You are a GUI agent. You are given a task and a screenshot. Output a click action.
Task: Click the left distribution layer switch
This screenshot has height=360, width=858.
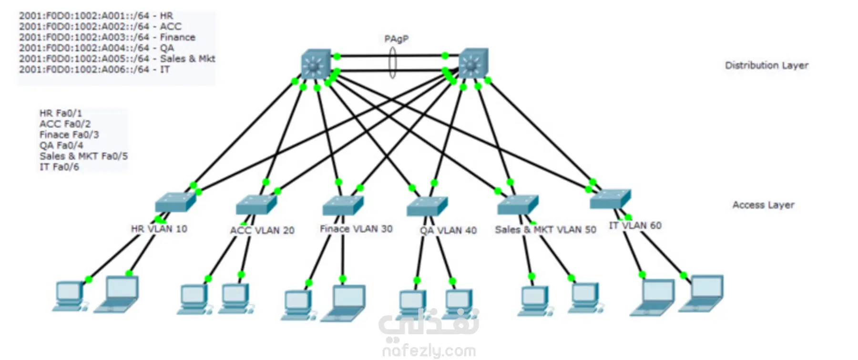316,63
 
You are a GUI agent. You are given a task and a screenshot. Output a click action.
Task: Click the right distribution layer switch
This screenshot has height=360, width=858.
473,62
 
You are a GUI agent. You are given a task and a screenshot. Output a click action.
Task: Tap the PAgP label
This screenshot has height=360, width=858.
396,39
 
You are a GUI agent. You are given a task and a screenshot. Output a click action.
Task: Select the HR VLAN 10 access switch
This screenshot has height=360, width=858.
175,202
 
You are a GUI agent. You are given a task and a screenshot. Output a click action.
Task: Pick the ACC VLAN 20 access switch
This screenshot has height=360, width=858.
256,205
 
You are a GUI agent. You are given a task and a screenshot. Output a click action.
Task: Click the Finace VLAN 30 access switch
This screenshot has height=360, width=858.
343,205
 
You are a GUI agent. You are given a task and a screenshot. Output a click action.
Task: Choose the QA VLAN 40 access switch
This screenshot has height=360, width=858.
427,206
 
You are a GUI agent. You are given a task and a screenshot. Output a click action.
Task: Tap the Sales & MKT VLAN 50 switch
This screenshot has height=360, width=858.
518,205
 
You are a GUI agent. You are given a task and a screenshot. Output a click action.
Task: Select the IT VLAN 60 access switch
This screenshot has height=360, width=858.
610,199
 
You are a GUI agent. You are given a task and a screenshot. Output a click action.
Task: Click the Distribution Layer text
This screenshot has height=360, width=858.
766,65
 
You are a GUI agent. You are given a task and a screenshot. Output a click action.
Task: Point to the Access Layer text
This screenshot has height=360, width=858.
763,205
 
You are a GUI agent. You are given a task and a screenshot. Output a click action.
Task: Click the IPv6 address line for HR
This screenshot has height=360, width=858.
96,16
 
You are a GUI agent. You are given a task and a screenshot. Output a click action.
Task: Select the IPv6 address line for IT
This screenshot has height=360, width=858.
94,70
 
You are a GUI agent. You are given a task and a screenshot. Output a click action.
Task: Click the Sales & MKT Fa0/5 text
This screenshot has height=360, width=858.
83,156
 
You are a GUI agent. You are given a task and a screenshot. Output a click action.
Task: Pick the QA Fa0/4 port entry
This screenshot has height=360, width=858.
61,145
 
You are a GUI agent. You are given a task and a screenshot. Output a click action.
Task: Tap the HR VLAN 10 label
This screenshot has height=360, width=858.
159,229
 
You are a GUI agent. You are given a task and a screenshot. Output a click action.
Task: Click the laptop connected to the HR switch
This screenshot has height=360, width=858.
117,294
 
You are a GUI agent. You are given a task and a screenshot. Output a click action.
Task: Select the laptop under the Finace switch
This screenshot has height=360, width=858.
344,303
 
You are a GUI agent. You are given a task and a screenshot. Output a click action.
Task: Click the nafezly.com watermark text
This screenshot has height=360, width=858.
429,351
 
